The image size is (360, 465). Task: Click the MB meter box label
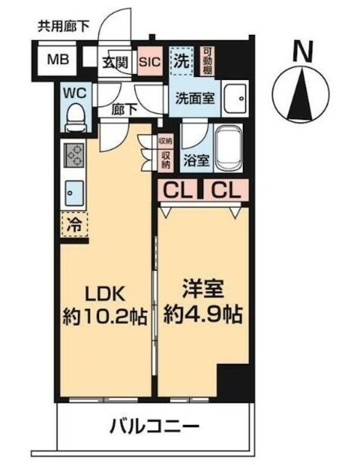tap(58, 60)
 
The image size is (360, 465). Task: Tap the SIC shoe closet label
tap(150, 62)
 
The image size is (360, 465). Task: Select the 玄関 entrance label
tap(116, 62)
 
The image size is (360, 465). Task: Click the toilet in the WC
tap(76, 118)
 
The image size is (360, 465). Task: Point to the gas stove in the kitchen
tap(73, 155)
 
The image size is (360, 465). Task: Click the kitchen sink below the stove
tap(74, 193)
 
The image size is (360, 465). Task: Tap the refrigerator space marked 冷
tap(74, 225)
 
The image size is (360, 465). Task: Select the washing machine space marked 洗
tap(182, 61)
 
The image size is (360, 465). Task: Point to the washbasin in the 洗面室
tap(235, 98)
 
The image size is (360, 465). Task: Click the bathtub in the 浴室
tap(228, 149)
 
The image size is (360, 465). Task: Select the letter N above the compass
tap(303, 51)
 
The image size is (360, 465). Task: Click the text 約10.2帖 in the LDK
tap(105, 317)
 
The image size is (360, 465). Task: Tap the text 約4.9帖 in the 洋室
tap(204, 314)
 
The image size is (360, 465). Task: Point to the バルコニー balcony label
tap(154, 426)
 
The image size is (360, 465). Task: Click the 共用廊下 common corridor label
tap(63, 27)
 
